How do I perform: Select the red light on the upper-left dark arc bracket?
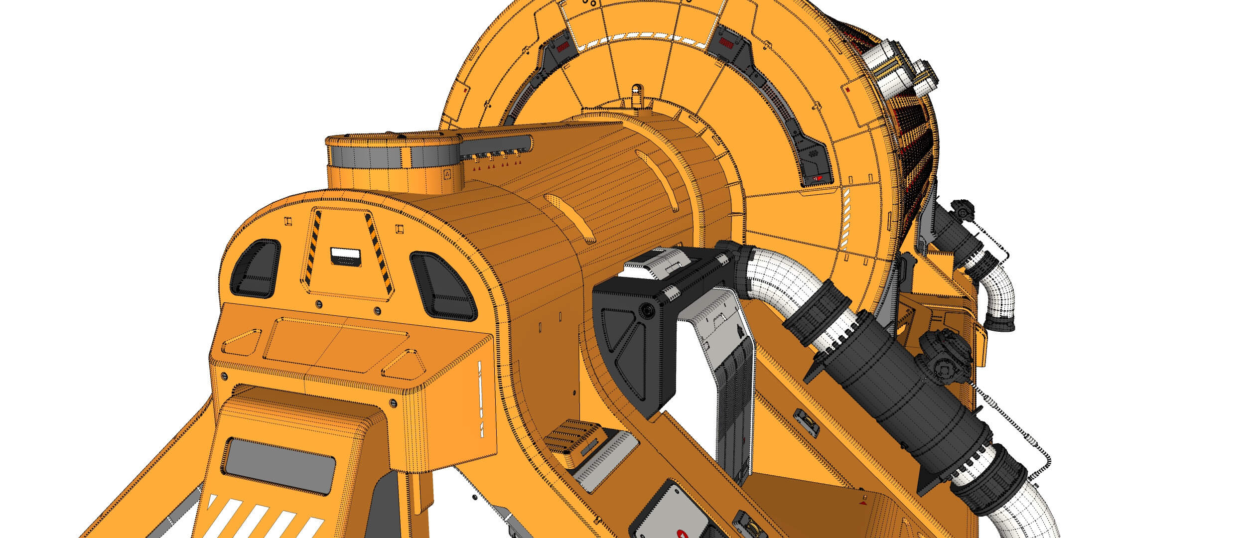pos(562,48)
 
